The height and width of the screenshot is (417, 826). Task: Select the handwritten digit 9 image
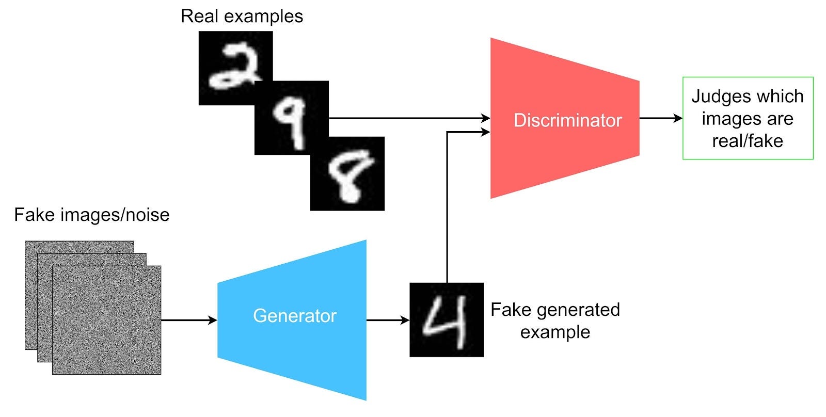click(x=292, y=118)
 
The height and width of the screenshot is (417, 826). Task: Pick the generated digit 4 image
click(x=447, y=320)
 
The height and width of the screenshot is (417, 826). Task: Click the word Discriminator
click(x=567, y=120)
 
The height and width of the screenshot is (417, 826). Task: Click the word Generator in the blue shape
click(x=294, y=316)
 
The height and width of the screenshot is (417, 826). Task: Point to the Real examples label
click(x=242, y=17)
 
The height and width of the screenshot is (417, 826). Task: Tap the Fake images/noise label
click(x=92, y=215)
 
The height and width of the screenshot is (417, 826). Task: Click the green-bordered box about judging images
click(x=748, y=118)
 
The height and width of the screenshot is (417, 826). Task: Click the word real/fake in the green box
click(x=748, y=141)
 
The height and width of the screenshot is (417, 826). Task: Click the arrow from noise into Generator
click(x=188, y=320)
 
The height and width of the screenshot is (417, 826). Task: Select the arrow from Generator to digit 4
click(x=387, y=320)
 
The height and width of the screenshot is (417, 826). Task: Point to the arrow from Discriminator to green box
click(x=661, y=119)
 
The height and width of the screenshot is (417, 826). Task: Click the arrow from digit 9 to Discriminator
click(x=408, y=119)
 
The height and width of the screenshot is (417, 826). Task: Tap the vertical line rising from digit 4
click(x=447, y=206)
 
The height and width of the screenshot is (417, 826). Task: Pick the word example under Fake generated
click(x=555, y=332)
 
